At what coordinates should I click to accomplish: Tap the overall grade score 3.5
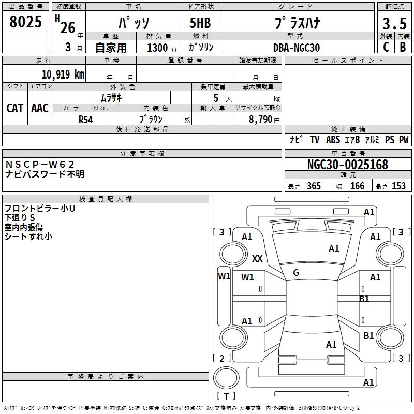click(x=394, y=24)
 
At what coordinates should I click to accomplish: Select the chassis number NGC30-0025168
click(x=348, y=165)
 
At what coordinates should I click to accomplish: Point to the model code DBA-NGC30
click(x=297, y=48)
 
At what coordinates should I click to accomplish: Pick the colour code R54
click(x=86, y=119)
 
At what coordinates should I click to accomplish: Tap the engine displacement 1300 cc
click(x=157, y=48)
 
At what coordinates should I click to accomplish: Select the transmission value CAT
click(x=15, y=108)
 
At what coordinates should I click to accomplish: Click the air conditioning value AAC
click(x=40, y=108)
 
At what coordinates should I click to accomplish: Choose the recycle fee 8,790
click(x=257, y=119)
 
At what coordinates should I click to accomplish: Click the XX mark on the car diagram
click(x=257, y=258)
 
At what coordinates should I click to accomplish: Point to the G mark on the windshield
click(x=296, y=273)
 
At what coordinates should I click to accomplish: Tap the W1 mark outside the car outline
click(x=224, y=276)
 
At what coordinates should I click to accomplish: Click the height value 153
click(x=399, y=186)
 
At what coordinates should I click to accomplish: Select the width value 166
click(x=358, y=186)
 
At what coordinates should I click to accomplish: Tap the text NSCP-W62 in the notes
click(x=40, y=165)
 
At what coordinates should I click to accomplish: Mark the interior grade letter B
click(x=403, y=47)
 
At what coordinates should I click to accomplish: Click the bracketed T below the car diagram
click(x=226, y=396)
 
